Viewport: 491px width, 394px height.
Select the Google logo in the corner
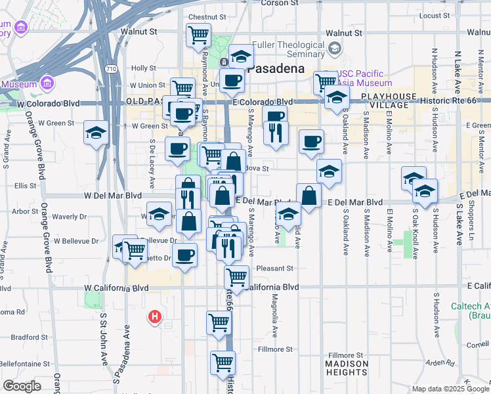click(x=22, y=387)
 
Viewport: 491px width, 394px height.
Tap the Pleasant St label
click(x=274, y=268)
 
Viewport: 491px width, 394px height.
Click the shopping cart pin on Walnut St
click(x=198, y=35)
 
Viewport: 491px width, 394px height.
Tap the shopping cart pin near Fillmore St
click(x=223, y=361)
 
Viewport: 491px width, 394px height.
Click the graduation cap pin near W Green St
click(x=96, y=133)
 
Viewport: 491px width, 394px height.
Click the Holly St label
click(x=142, y=68)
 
